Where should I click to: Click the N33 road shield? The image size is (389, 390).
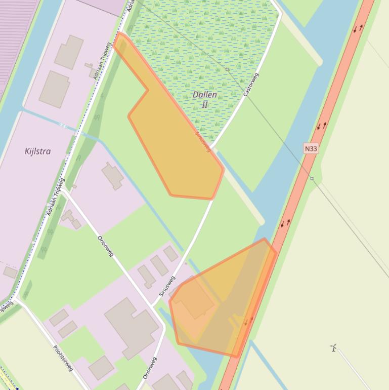coord(311,148)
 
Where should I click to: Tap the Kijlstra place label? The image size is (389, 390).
coord(37,151)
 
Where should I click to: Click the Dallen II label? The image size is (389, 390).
coord(205,99)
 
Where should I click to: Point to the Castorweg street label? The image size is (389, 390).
coord(251,85)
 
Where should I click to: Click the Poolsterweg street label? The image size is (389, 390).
coord(63,358)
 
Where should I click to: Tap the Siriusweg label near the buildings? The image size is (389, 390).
coord(166,286)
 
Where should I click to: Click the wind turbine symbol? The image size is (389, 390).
coord(333,347)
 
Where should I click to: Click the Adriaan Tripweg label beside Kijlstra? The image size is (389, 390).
coord(56,197)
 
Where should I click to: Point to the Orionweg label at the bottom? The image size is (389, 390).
coord(150,368)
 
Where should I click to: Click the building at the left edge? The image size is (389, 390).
coord(10,272)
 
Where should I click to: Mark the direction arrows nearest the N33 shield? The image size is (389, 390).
coord(322,126)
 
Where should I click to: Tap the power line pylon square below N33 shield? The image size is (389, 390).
coord(312,178)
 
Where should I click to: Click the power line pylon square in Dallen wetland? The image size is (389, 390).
coord(227,69)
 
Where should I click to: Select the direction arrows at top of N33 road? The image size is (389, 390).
coord(358,28)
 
